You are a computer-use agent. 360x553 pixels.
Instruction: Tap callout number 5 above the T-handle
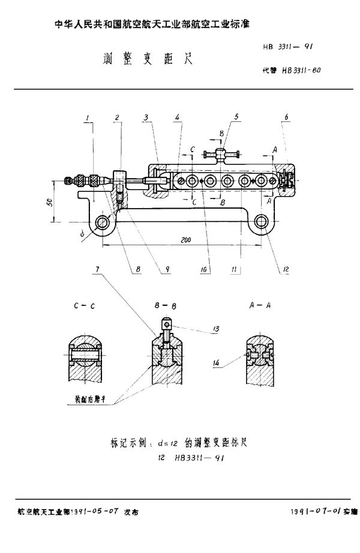(237, 116)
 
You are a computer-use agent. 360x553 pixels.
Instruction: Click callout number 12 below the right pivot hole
(286, 269)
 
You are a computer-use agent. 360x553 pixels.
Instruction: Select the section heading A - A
(259, 305)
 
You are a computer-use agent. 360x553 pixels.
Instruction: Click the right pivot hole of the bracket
(262, 221)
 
